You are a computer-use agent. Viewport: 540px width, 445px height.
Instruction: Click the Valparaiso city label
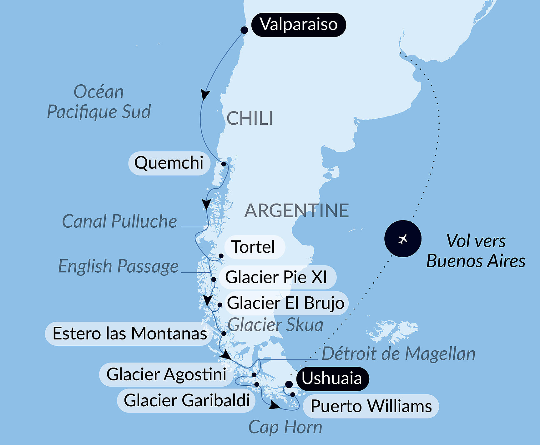[299, 25]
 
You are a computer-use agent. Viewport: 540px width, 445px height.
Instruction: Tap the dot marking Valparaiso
[244, 30]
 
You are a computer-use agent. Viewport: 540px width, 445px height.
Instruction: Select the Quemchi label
[169, 163]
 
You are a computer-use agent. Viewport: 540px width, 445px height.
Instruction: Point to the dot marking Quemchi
[224, 164]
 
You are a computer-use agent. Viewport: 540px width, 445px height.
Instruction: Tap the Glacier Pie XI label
[276, 277]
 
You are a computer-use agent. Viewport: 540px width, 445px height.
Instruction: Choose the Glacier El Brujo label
[285, 303]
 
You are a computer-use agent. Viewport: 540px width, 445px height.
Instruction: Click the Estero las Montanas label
[129, 334]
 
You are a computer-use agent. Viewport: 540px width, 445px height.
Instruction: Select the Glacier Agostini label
[166, 374]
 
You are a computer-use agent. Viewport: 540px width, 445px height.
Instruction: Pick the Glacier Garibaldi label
[187, 400]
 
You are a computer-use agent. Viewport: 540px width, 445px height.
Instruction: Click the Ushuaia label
[332, 378]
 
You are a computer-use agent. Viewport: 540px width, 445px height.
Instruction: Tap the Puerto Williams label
[371, 406]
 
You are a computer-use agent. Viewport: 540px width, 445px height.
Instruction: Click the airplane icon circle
[403, 239]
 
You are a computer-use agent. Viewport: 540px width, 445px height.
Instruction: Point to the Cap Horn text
[285, 427]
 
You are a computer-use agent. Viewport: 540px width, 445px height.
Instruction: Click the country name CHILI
[250, 119]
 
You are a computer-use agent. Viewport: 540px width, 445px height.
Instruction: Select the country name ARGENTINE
[296, 211]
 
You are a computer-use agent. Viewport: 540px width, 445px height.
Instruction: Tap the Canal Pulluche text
[119, 221]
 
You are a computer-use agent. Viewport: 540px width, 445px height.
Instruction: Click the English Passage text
[118, 267]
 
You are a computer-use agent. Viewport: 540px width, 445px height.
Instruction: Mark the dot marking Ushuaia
[289, 384]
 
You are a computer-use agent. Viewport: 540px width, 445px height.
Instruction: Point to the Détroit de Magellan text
[398, 354]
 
